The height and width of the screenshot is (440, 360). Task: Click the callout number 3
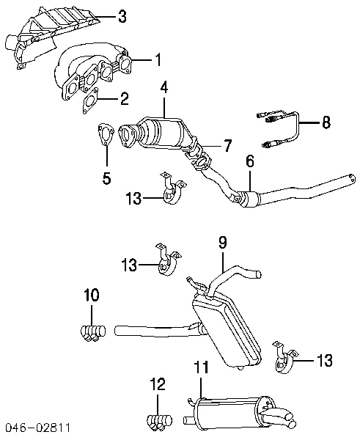tap(122, 15)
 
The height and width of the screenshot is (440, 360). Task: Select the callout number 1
tap(157, 58)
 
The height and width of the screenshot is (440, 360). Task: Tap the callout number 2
tap(125, 97)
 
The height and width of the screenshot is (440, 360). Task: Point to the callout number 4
tap(164, 87)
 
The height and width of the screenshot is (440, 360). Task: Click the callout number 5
tap(106, 177)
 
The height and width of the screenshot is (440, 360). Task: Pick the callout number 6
tap(250, 162)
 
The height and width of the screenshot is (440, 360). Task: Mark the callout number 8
tap(326, 122)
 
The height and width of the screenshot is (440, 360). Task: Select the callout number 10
tap(91, 296)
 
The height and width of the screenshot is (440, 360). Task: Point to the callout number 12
tap(158, 384)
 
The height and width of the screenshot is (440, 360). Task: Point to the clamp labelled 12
tap(157, 421)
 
